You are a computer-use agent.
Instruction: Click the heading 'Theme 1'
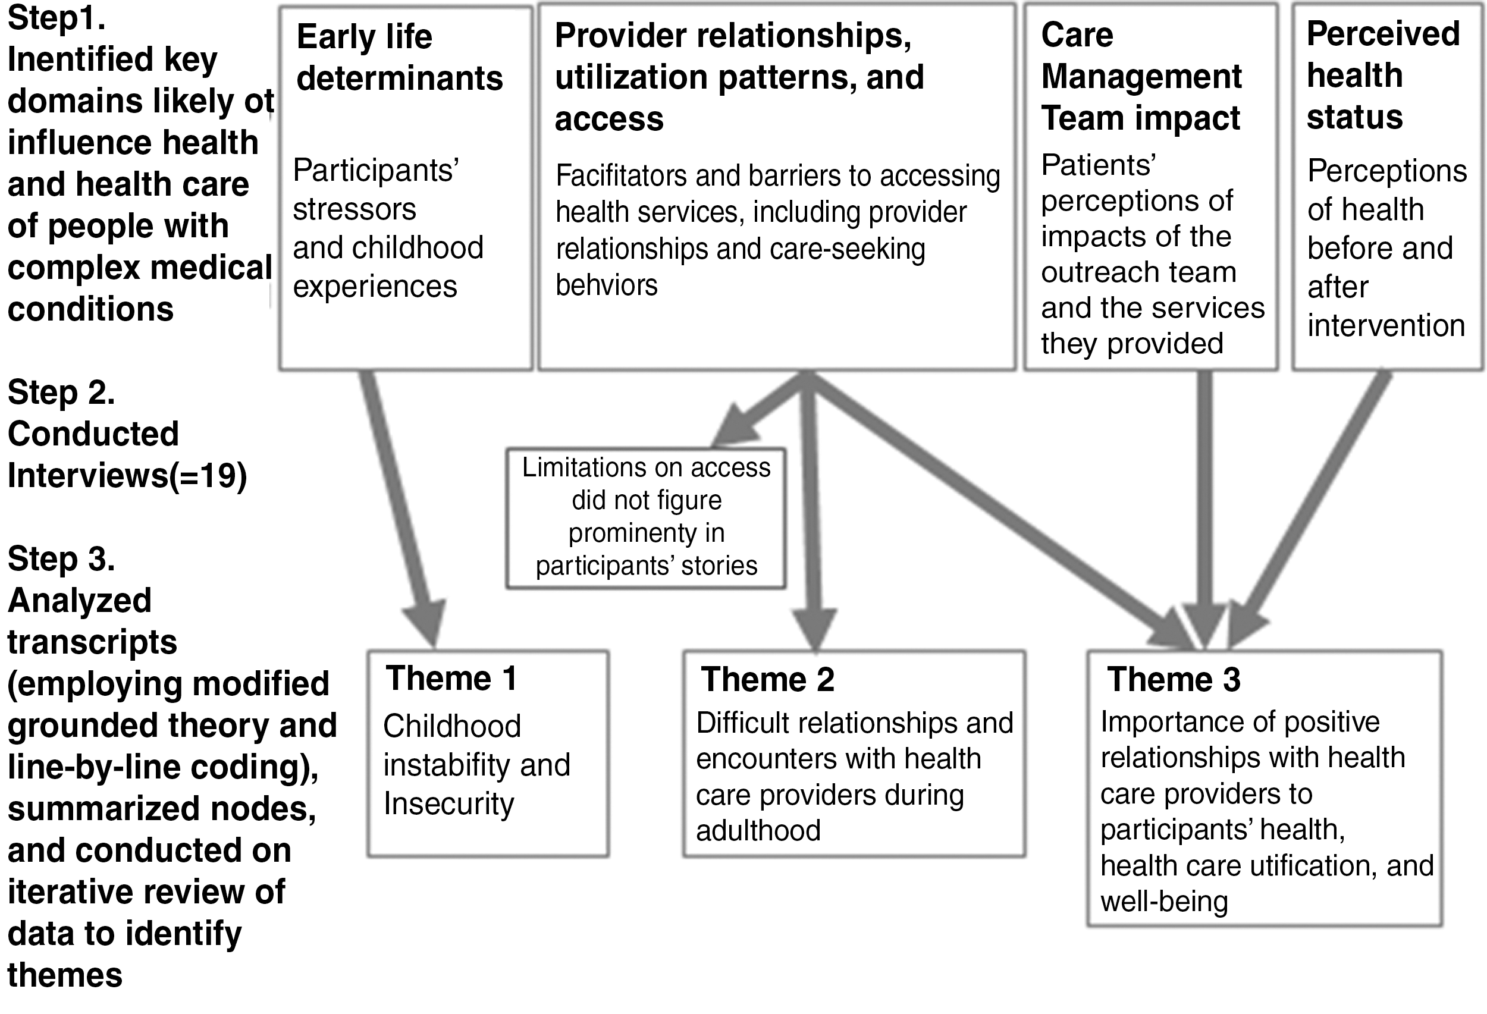[x=451, y=678]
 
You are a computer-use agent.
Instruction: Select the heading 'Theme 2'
[x=767, y=679]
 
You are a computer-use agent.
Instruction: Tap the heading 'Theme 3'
[x=1174, y=679]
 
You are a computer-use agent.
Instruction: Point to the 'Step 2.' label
[x=61, y=391]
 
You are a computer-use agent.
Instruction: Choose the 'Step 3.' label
[x=61, y=558]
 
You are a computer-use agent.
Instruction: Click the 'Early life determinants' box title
[x=400, y=58]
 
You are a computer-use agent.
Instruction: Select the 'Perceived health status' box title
[x=1384, y=75]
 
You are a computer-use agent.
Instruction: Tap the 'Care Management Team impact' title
[x=1141, y=76]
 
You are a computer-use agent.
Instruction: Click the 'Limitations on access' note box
[x=646, y=517]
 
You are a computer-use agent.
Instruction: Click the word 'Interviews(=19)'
[x=127, y=476]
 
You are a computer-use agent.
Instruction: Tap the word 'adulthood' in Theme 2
[x=758, y=830]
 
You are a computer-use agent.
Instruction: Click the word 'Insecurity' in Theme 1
[x=448, y=804]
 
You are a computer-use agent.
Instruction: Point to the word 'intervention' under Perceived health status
[x=1386, y=326]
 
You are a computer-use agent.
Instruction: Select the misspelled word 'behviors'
[x=607, y=285]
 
